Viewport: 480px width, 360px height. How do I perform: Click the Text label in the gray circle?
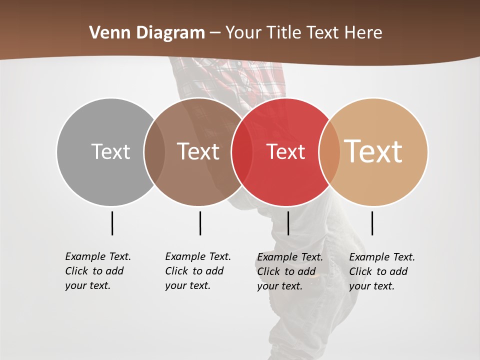coord(110,151)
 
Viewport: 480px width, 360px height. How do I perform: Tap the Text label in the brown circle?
coord(198,151)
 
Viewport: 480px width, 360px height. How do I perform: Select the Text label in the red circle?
coord(285,151)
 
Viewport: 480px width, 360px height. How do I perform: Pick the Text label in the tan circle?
coord(373,151)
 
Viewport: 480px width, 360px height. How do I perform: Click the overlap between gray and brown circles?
coord(154,151)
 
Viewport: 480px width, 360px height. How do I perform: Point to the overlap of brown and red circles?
coord(241,151)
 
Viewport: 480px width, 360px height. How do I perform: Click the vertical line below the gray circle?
coord(112,223)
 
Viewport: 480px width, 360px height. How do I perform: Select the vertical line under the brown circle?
coord(200,223)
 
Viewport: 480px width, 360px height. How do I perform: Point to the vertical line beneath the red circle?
coord(288,223)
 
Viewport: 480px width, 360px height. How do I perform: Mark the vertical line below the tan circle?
coord(372,223)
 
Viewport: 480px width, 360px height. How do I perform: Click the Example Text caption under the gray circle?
coord(98,271)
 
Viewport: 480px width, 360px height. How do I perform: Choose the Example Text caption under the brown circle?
coord(198,271)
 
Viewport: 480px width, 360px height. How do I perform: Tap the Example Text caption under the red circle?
coord(290,271)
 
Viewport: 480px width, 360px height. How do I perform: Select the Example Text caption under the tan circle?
coord(382,271)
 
